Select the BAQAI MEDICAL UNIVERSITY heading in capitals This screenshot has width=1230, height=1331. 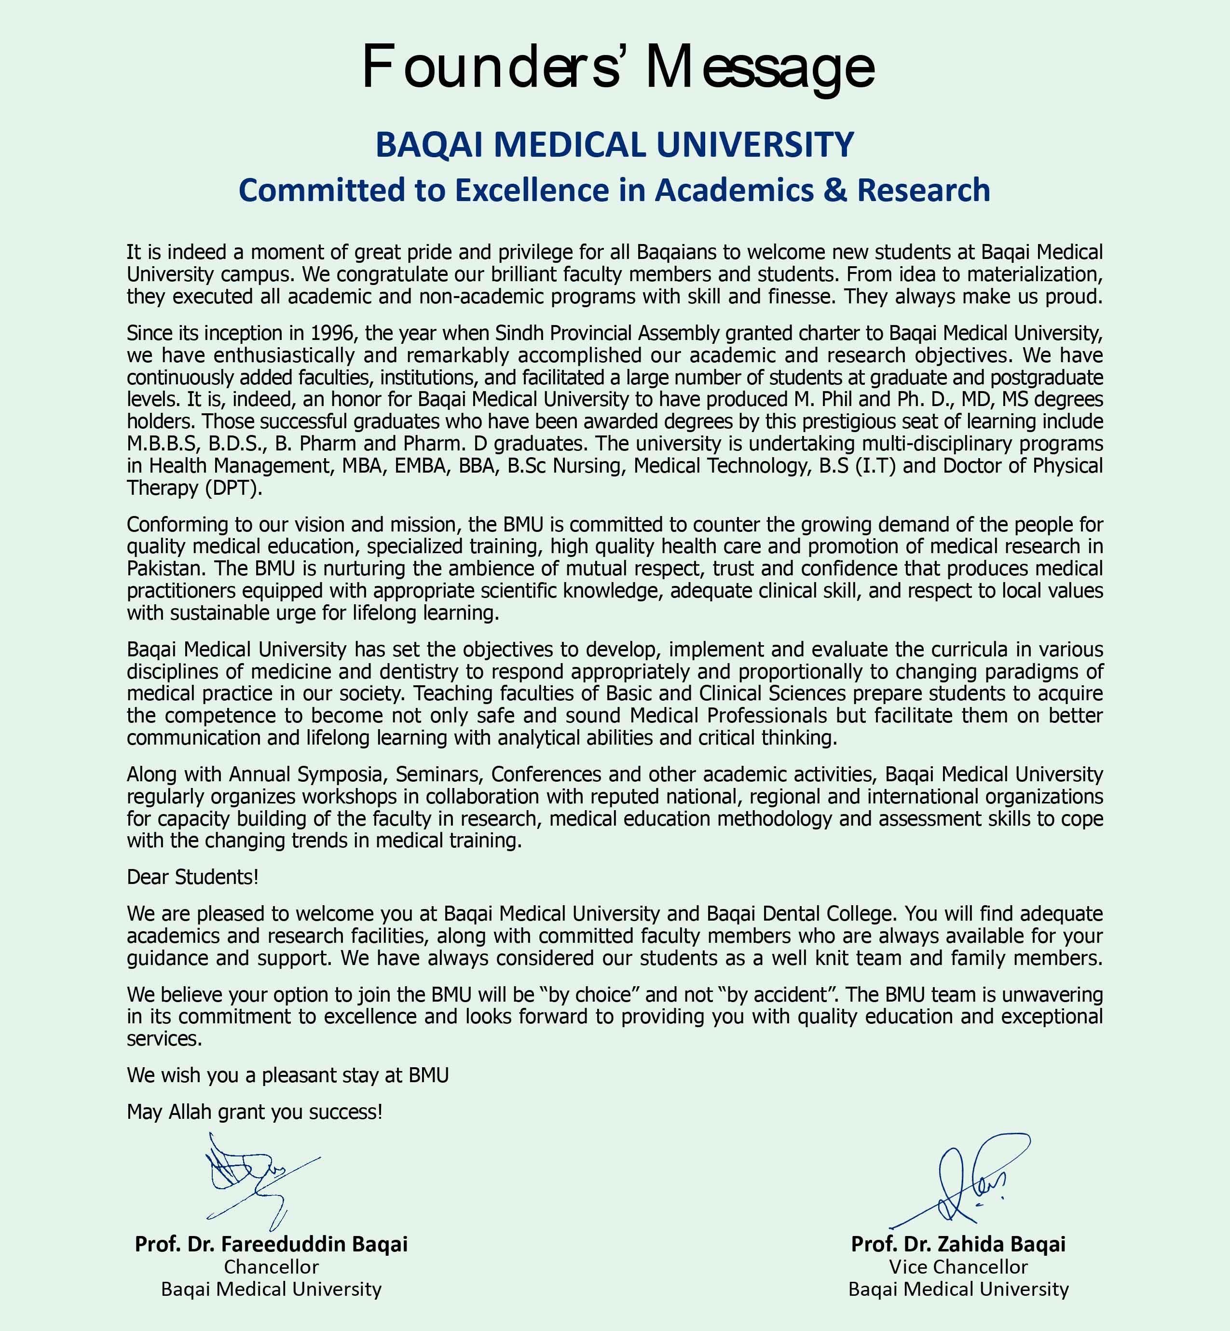(615, 145)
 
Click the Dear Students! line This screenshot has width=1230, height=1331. (192, 877)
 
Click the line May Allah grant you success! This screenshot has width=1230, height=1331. (254, 1112)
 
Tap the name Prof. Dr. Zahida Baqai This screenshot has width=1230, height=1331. (958, 1244)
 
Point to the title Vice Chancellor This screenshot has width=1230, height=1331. (958, 1266)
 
